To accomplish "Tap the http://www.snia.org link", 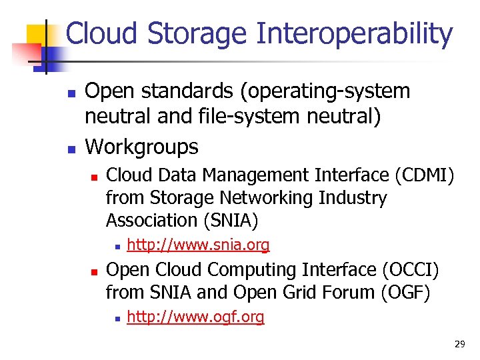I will click(x=198, y=245).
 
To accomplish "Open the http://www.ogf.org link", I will click(x=195, y=317).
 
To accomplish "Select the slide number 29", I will click(x=459, y=344).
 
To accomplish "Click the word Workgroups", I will click(x=142, y=147).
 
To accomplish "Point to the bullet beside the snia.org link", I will click(x=117, y=247).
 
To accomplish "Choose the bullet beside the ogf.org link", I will click(x=117, y=319).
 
